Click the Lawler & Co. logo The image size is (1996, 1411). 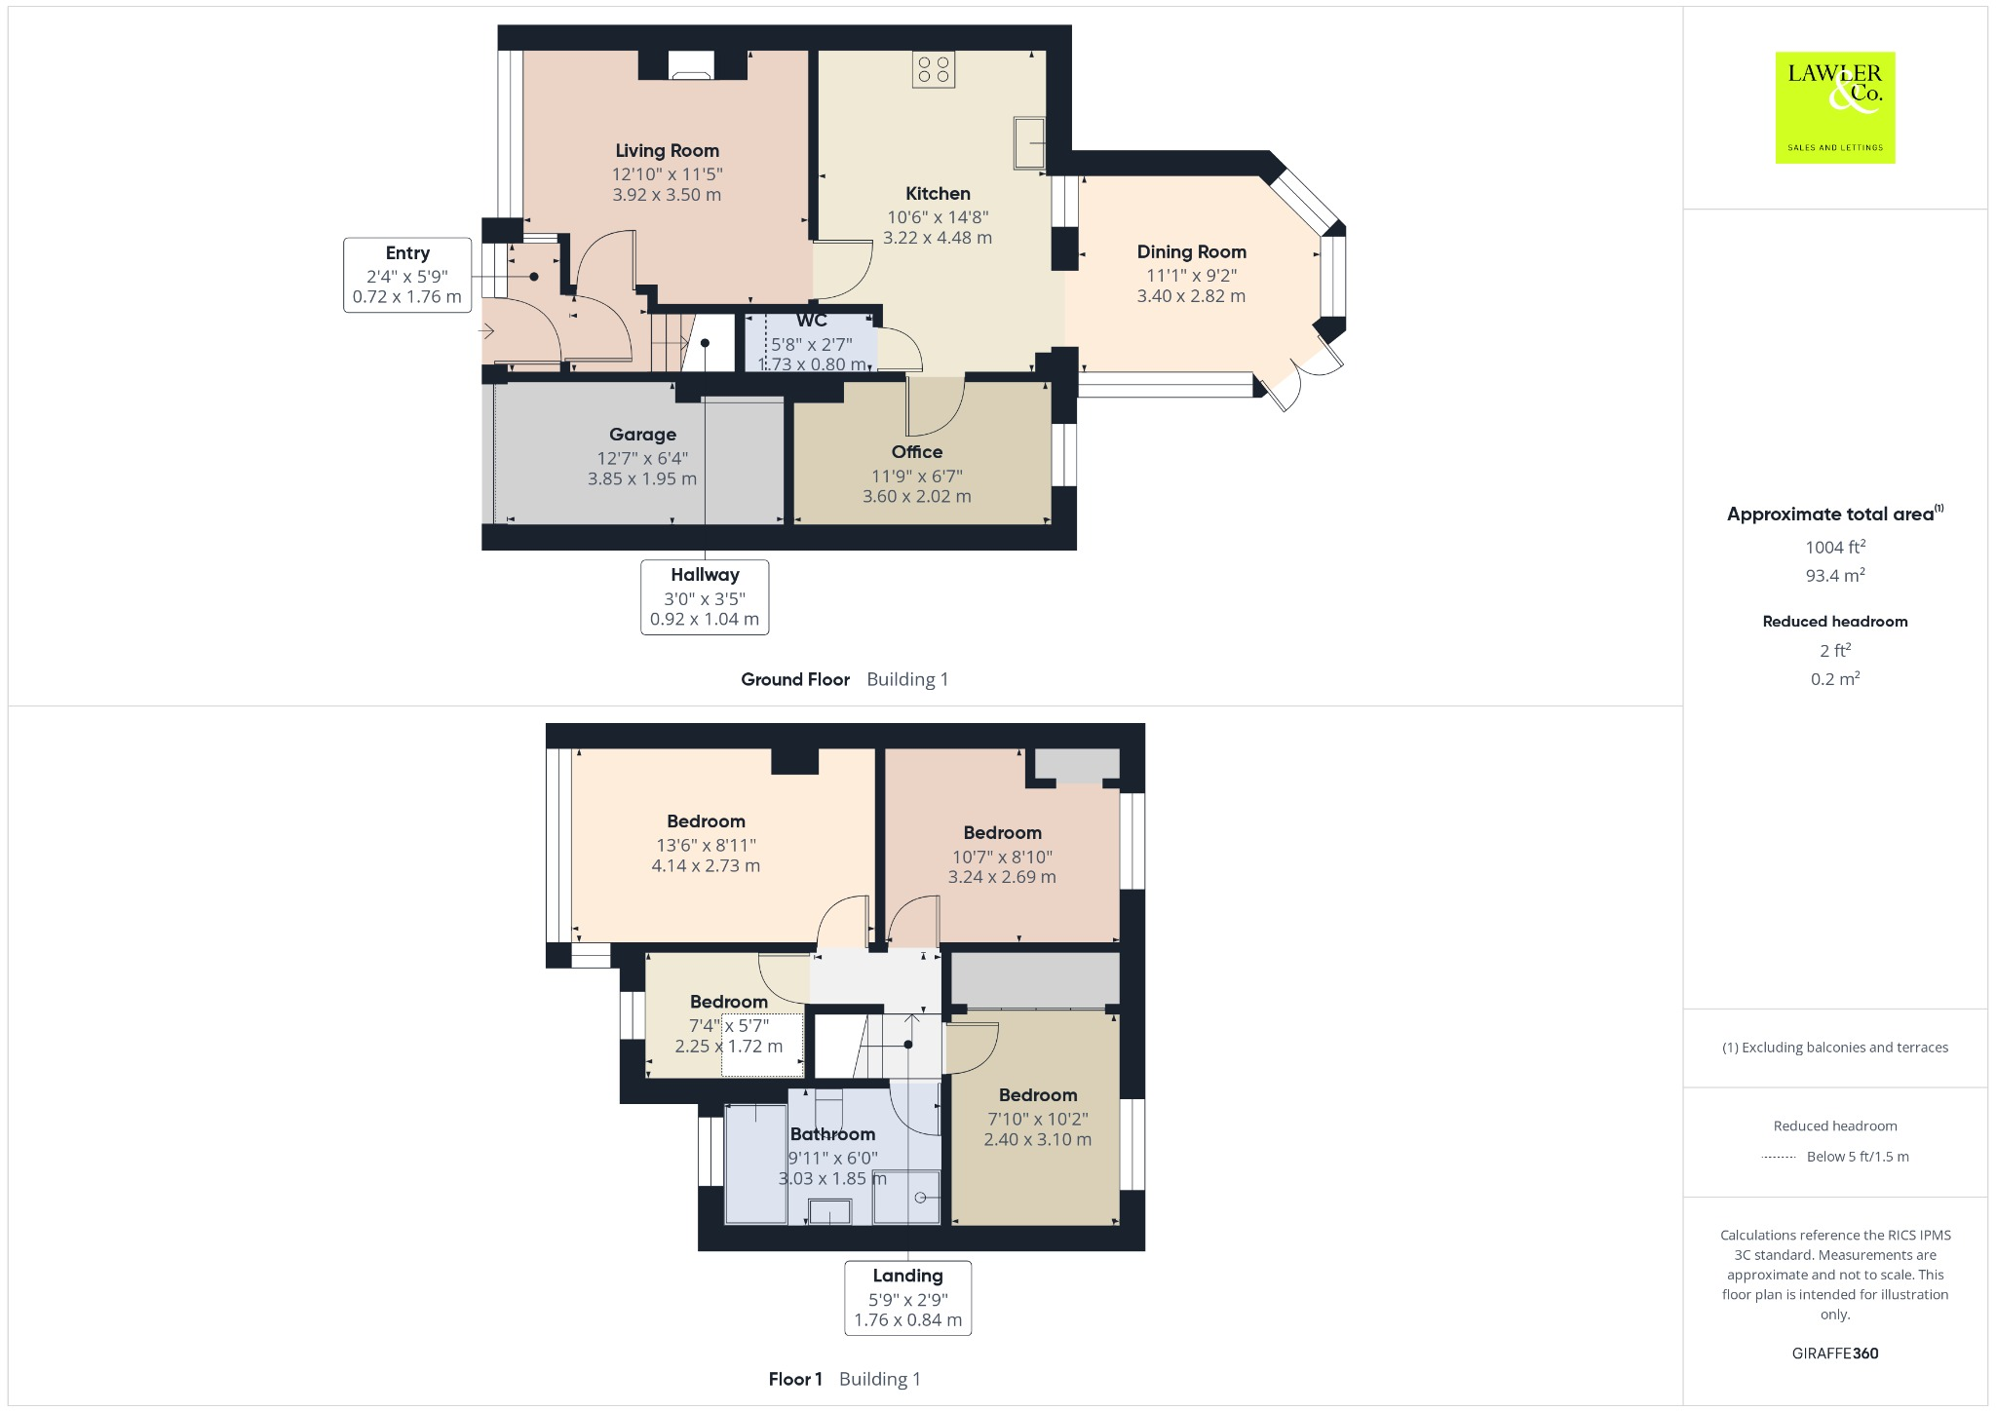(1834, 107)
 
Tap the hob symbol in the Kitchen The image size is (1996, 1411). (934, 68)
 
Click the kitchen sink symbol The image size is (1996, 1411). (1028, 142)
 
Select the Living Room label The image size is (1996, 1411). (667, 150)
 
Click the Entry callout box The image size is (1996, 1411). (407, 275)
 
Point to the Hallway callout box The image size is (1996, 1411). (704, 596)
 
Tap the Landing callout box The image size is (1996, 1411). (907, 1297)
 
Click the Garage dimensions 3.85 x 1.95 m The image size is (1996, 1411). (641, 478)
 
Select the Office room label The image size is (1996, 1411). (916, 451)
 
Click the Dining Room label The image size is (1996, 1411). (1191, 251)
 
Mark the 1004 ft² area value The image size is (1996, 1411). (1834, 547)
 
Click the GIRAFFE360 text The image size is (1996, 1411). (1834, 1353)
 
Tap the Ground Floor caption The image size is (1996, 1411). (795, 679)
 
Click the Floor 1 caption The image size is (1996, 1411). (795, 1379)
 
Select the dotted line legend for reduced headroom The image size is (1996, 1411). (1779, 1157)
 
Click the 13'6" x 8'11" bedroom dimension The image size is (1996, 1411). (706, 845)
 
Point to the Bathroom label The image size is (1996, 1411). (832, 1133)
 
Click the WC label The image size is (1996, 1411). (811, 321)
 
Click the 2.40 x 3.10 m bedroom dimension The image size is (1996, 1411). (1037, 1139)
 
